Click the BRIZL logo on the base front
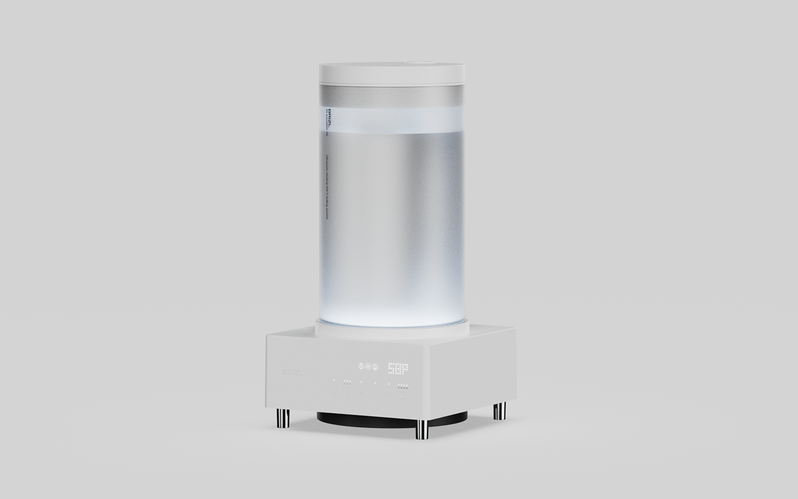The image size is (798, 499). [x=294, y=372]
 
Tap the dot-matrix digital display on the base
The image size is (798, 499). [x=398, y=368]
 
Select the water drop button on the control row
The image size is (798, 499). [x=347, y=391]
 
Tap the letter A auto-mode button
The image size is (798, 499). [x=361, y=392]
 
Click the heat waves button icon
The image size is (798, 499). [x=375, y=393]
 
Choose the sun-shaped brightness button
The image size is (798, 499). [x=389, y=395]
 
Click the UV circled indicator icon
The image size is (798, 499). [x=368, y=366]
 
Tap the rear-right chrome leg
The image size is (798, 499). [x=499, y=411]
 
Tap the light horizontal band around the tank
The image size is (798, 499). [x=391, y=120]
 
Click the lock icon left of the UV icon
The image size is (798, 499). [x=361, y=366]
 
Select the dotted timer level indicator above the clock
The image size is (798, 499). [x=403, y=385]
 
